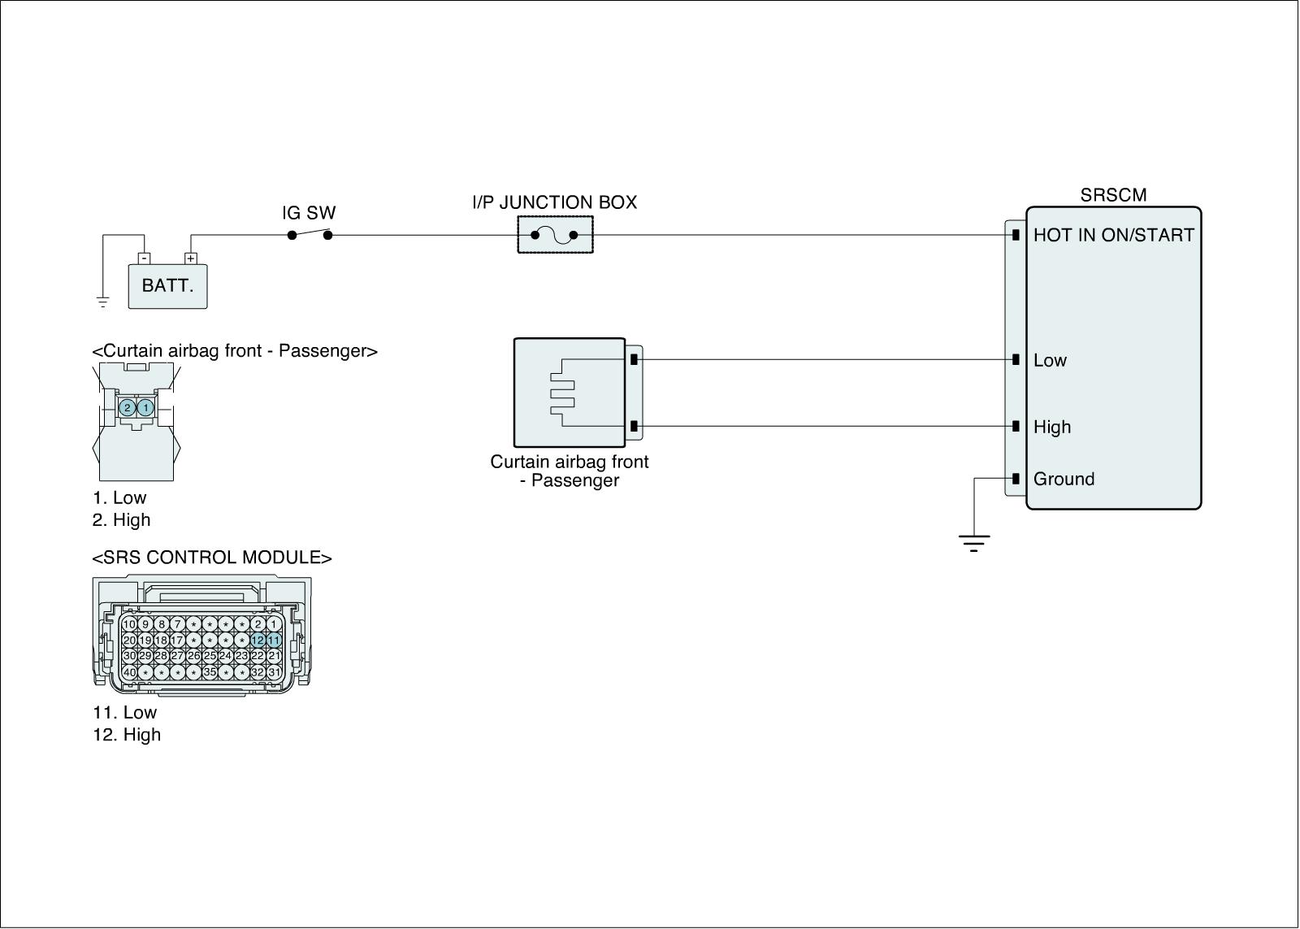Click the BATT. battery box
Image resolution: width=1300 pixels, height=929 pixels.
click(x=167, y=286)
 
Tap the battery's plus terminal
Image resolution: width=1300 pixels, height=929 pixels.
click(x=191, y=258)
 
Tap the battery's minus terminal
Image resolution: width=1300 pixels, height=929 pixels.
click(x=144, y=258)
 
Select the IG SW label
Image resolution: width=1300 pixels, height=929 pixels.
click(x=309, y=213)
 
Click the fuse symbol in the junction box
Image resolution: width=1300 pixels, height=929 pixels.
click(x=554, y=236)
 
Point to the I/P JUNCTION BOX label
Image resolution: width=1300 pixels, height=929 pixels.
click(x=554, y=202)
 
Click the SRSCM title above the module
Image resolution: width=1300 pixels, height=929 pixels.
click(x=1113, y=195)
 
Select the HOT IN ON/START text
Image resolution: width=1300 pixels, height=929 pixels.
click(x=1113, y=236)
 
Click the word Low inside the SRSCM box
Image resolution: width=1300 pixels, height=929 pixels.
click(x=1050, y=361)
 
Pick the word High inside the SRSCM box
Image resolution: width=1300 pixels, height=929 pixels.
click(x=1052, y=428)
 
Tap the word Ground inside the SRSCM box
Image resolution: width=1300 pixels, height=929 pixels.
click(x=1064, y=480)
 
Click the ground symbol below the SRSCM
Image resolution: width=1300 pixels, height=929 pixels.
click(x=973, y=543)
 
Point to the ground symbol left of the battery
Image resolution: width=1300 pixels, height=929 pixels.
click(x=103, y=302)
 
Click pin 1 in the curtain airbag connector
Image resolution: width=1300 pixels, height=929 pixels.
click(x=145, y=407)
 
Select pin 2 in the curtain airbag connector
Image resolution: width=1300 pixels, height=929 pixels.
click(x=127, y=407)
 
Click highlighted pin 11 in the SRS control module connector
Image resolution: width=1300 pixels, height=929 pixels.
click(x=274, y=640)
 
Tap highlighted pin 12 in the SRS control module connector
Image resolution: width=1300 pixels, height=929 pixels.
click(x=258, y=640)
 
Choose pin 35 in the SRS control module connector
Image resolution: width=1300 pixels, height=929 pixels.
click(x=210, y=672)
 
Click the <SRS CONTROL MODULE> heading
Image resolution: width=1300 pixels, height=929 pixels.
click(x=212, y=558)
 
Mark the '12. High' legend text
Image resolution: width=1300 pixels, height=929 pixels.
click(x=127, y=735)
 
